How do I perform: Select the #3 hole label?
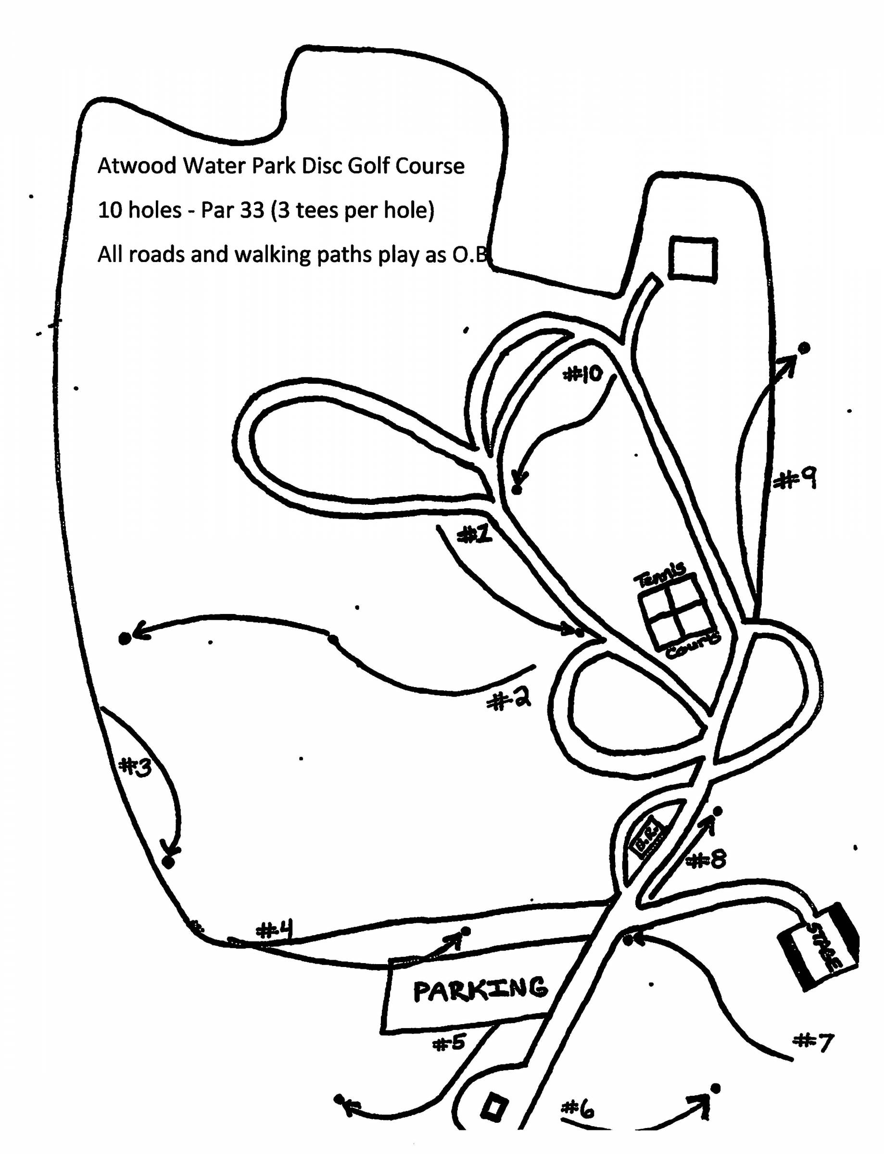click(x=136, y=767)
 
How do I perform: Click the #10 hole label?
click(x=582, y=374)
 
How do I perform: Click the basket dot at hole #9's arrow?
click(x=804, y=348)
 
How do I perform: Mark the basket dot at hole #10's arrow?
click(x=517, y=489)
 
